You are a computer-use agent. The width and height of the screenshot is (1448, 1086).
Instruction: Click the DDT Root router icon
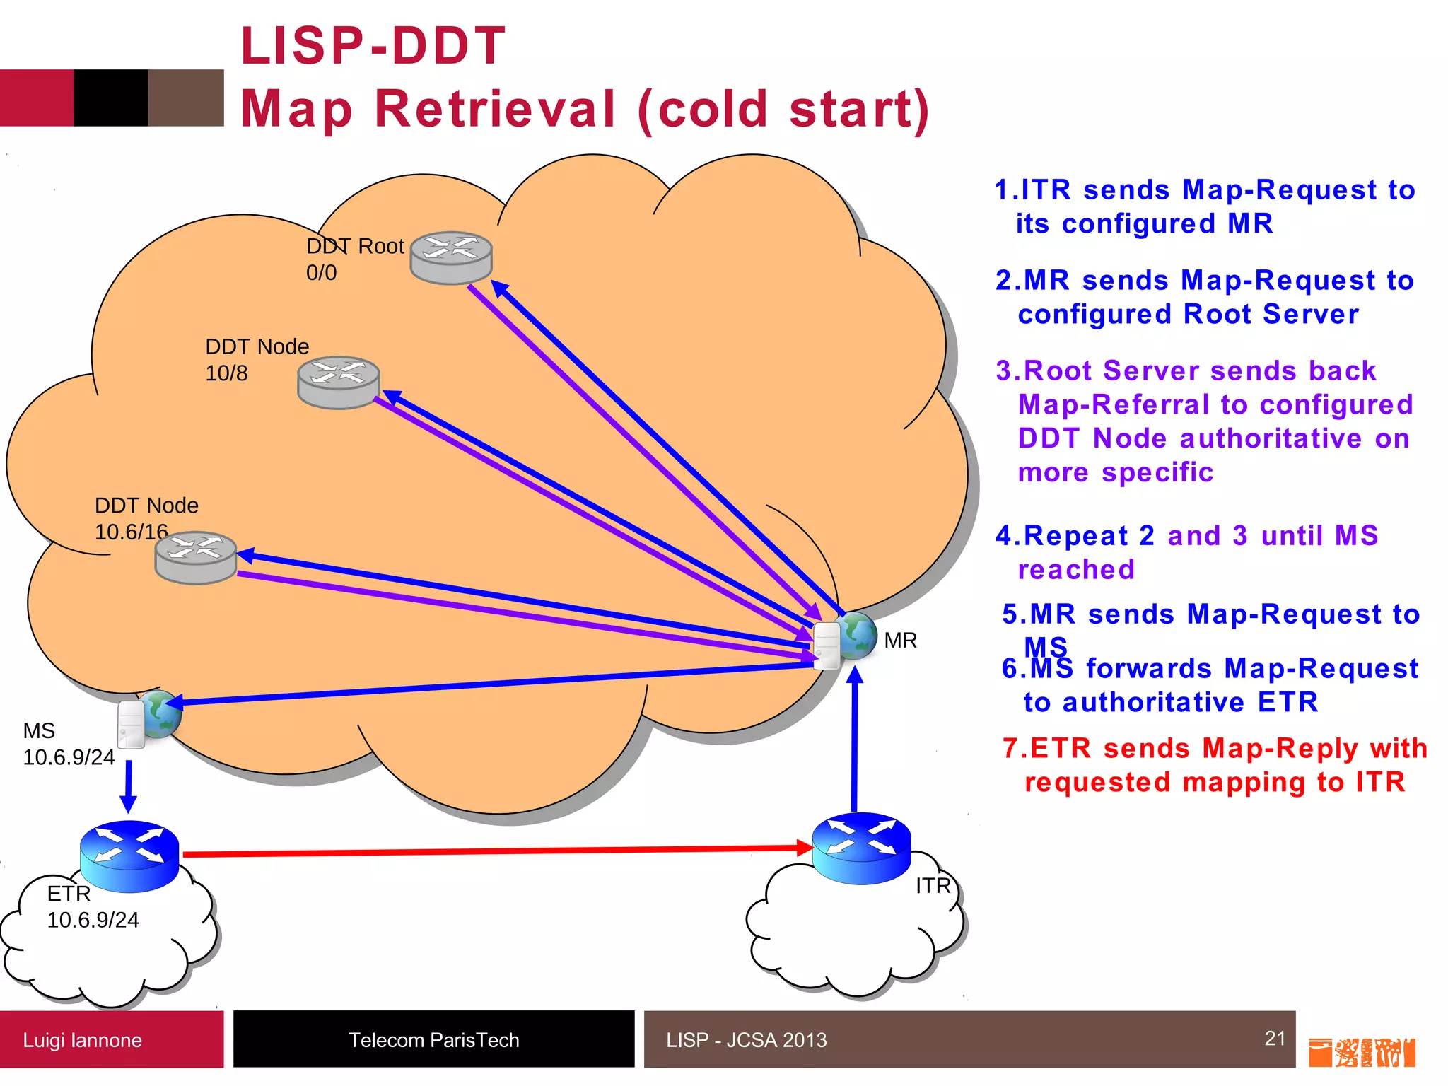pos(451,258)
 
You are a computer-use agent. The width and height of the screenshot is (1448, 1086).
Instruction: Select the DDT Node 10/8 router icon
pos(339,382)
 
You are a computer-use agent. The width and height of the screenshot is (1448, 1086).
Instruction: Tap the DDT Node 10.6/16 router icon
pos(196,557)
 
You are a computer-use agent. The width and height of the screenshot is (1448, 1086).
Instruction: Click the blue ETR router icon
pos(129,856)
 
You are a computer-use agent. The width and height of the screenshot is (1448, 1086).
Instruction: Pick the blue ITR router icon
pos(861,848)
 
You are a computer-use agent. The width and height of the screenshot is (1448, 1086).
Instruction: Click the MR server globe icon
pos(846,639)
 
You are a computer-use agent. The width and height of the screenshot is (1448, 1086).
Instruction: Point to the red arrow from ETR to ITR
pos(495,851)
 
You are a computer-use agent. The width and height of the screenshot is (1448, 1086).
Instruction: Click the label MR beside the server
pos(900,641)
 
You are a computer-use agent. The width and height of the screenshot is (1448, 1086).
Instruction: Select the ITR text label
pos(933,886)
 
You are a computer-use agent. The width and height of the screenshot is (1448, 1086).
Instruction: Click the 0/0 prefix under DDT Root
pos(321,273)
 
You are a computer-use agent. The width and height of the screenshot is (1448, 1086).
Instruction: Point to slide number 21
pos(1275,1038)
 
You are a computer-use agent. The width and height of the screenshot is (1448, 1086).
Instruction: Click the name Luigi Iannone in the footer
pos(82,1040)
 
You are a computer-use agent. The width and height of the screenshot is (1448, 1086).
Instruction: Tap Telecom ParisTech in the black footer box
pos(433,1040)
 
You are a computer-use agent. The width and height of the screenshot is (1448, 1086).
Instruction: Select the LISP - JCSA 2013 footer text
pos(746,1040)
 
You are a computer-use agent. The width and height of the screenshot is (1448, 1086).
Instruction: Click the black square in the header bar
pos(111,98)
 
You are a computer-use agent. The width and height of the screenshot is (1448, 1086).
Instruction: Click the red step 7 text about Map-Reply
pos(1215,765)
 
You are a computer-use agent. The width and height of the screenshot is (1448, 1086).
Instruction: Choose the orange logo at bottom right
pos(1362,1052)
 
